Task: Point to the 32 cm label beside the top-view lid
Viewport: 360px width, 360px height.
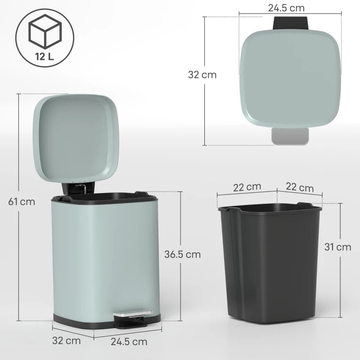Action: (202, 75)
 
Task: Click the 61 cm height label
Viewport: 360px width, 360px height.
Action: (21, 201)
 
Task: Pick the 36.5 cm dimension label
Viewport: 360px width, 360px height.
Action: (182, 254)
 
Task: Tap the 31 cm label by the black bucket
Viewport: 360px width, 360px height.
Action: (337, 247)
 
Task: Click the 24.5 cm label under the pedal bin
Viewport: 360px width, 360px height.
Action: (129, 342)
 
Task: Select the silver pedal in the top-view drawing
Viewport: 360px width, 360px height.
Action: (290, 136)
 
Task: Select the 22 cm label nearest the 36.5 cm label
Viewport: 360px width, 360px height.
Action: (247, 187)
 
